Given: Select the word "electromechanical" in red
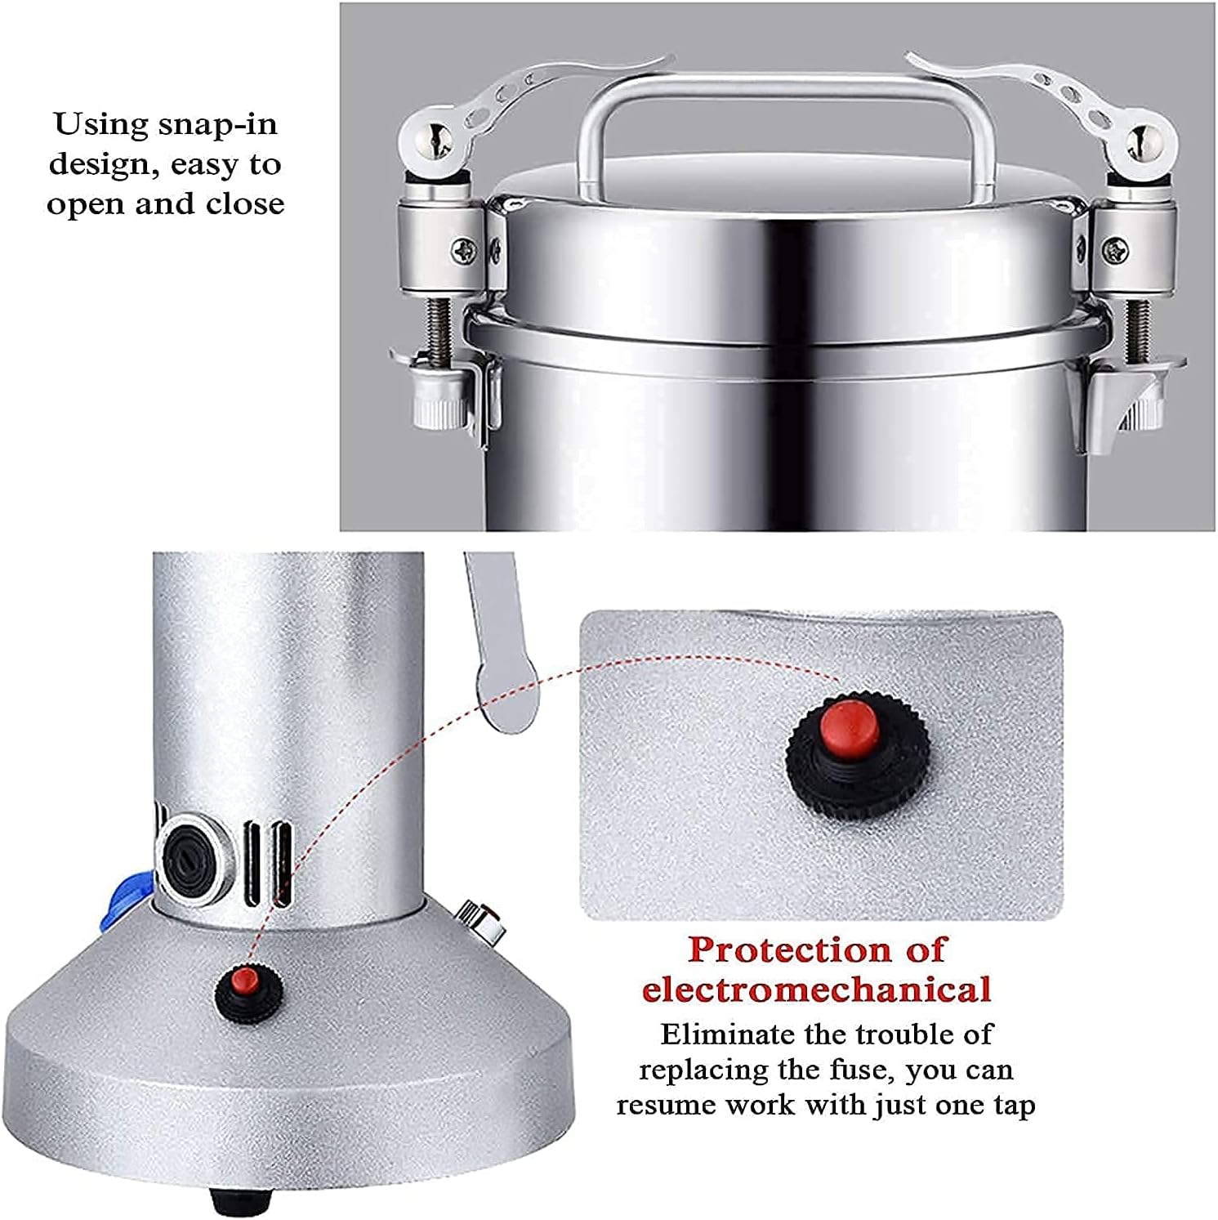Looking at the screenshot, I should click(x=816, y=990).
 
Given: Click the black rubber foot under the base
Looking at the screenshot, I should click(x=242, y=1200).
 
